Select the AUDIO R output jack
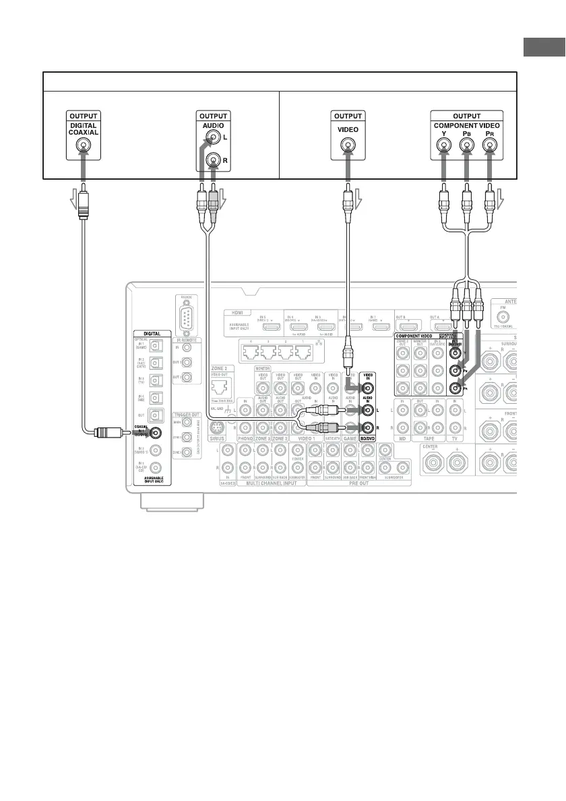(x=212, y=160)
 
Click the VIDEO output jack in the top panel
(x=346, y=145)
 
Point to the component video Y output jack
(x=444, y=145)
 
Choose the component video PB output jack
(x=466, y=145)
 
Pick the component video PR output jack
(x=489, y=145)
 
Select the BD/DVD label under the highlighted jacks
(x=369, y=438)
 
